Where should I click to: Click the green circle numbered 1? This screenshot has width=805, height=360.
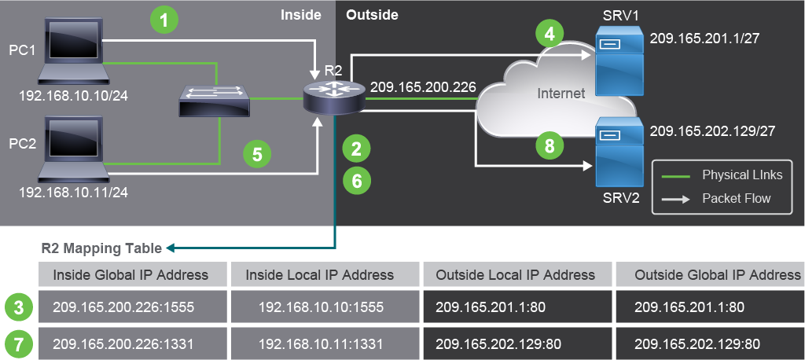pos(164,20)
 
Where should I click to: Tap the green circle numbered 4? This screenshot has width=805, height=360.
pos(550,35)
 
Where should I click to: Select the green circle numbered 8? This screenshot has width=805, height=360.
pos(550,146)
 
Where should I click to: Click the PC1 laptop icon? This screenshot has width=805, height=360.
pos(73,51)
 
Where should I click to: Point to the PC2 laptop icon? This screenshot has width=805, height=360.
pos(73,149)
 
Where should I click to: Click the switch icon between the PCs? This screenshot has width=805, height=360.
pos(215,101)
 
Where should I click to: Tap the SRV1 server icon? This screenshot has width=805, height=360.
pos(619,61)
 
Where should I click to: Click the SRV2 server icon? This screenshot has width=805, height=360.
pos(619,152)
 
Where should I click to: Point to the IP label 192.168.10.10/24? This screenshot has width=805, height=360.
pos(73,96)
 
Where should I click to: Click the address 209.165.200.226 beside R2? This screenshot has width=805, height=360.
pos(423,87)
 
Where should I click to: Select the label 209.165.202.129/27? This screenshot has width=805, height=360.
pos(712,131)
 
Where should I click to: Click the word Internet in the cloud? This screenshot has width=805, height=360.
pos(561,93)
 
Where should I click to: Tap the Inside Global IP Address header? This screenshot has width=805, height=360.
pos(130,275)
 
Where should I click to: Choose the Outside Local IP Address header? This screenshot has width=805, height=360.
pos(516,275)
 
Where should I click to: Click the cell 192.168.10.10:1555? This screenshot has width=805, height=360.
pos(321,307)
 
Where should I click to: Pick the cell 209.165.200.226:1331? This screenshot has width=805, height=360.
pos(123,343)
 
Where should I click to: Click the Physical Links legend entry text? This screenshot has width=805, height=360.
pos(742,175)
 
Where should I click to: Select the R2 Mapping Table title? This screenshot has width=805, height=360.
pos(101,248)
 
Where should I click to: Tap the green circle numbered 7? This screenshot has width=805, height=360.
pos(19,343)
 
